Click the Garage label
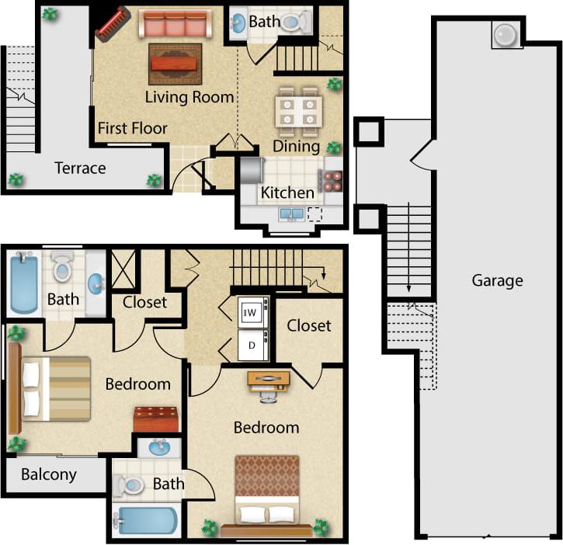click(497, 280)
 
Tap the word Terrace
click(80, 168)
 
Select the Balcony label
click(48, 474)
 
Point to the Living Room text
click(189, 97)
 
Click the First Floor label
click(133, 128)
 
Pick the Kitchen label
click(287, 193)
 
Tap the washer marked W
click(252, 313)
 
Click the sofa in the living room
click(175, 25)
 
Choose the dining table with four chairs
click(298, 110)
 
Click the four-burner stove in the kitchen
click(333, 180)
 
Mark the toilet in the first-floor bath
click(294, 23)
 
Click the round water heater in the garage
click(506, 35)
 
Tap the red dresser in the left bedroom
click(156, 419)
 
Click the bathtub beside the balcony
click(145, 519)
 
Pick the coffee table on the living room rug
click(175, 62)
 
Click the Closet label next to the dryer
click(309, 325)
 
